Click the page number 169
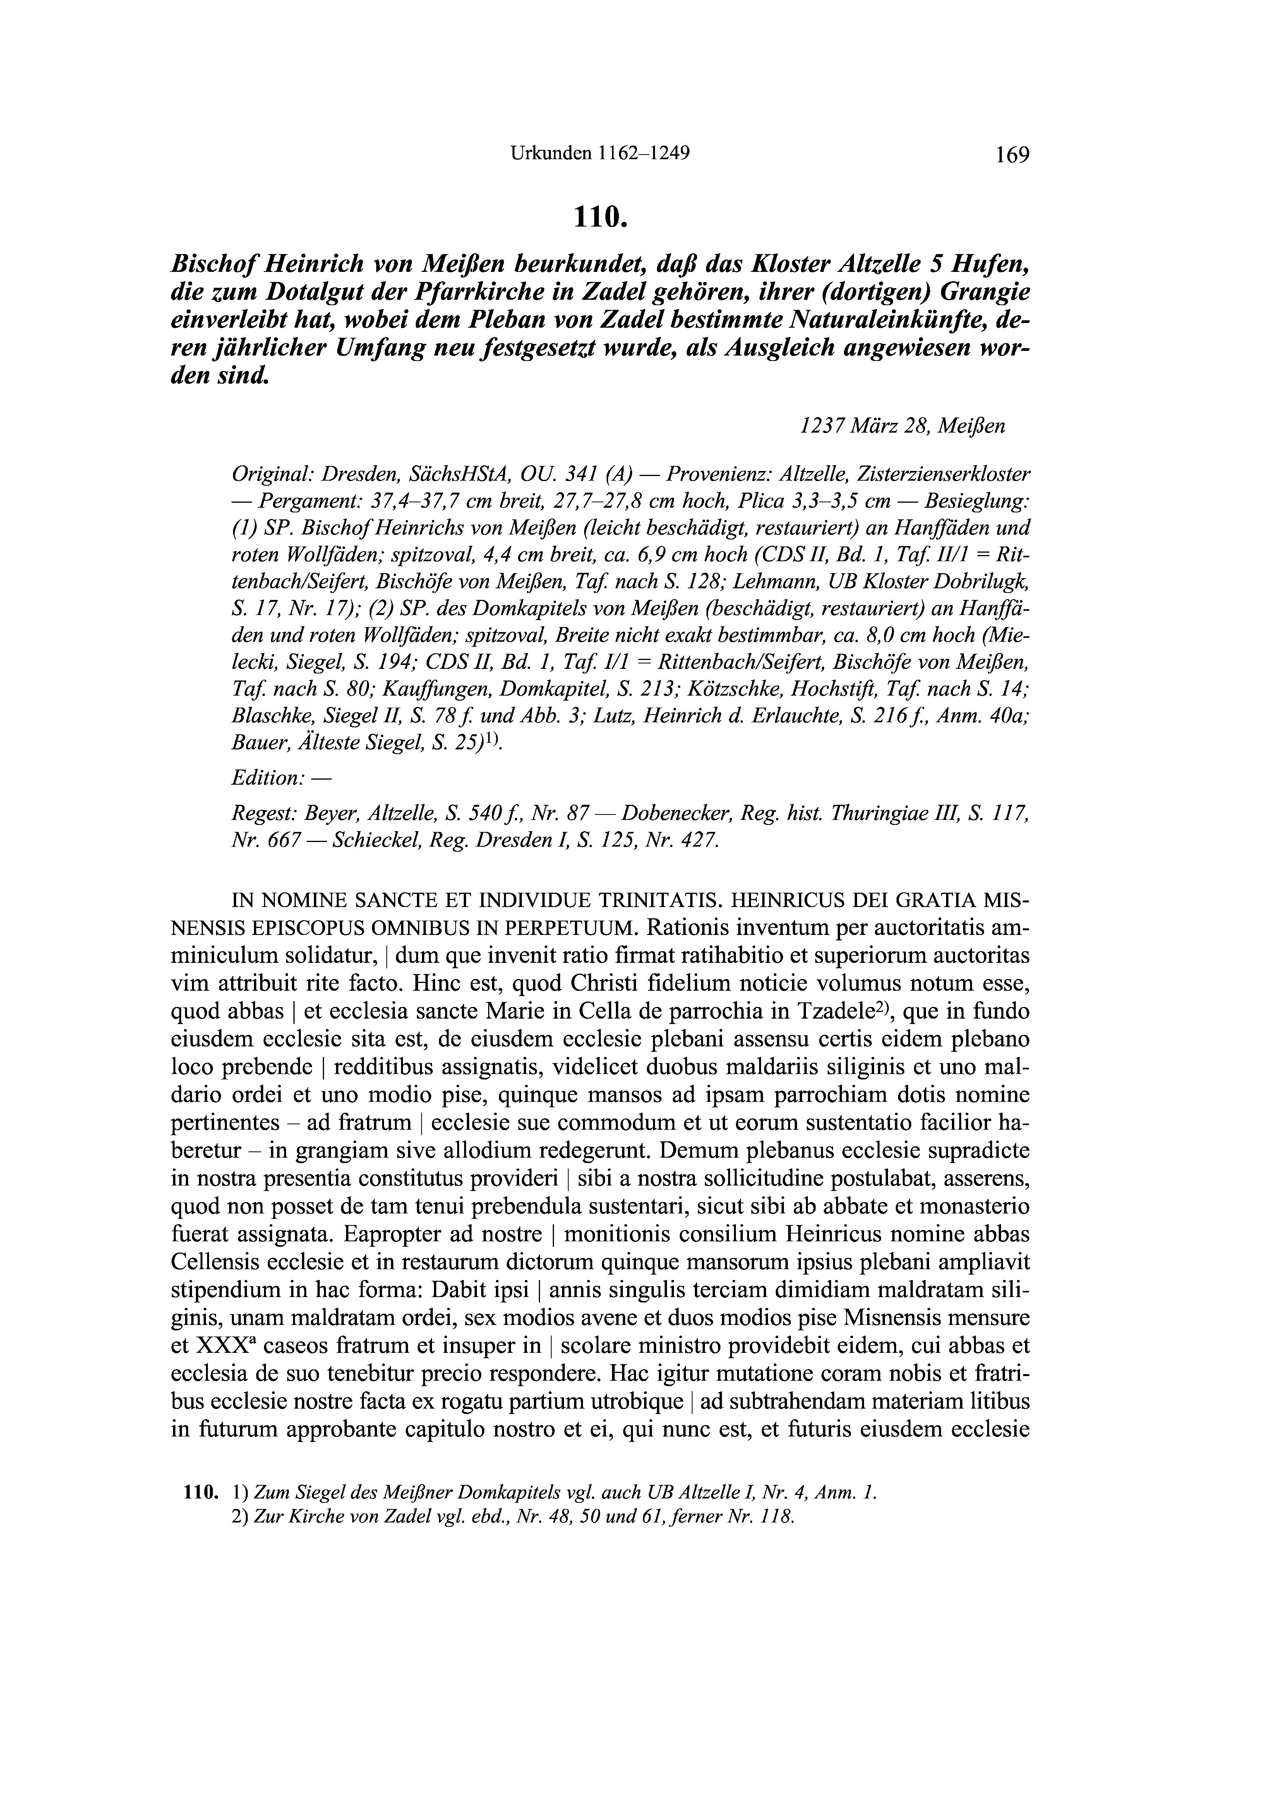1012,155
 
